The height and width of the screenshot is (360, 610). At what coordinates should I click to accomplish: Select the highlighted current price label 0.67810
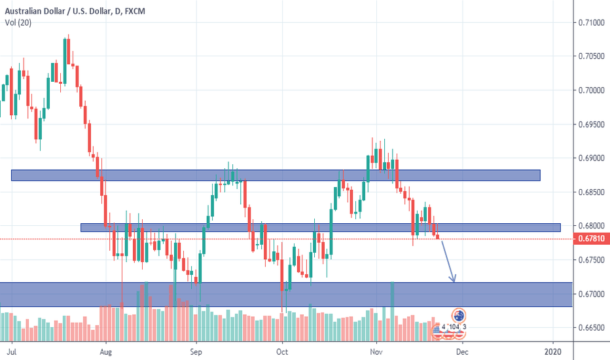click(590, 239)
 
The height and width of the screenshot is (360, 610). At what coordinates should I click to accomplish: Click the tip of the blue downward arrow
click(454, 281)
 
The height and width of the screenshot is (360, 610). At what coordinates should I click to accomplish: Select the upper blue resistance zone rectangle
click(276, 175)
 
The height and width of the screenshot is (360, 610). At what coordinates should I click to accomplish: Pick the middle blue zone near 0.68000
click(320, 228)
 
